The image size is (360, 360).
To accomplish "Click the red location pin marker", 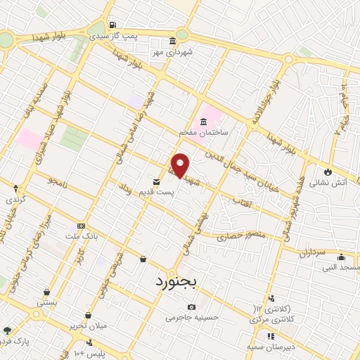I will [181, 165].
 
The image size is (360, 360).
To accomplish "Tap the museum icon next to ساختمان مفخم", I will [204, 121].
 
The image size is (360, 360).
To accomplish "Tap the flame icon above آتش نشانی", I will [328, 170].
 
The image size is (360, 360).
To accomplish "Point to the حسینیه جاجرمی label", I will [192, 317].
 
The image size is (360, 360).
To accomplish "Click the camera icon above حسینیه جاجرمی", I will [192, 307].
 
